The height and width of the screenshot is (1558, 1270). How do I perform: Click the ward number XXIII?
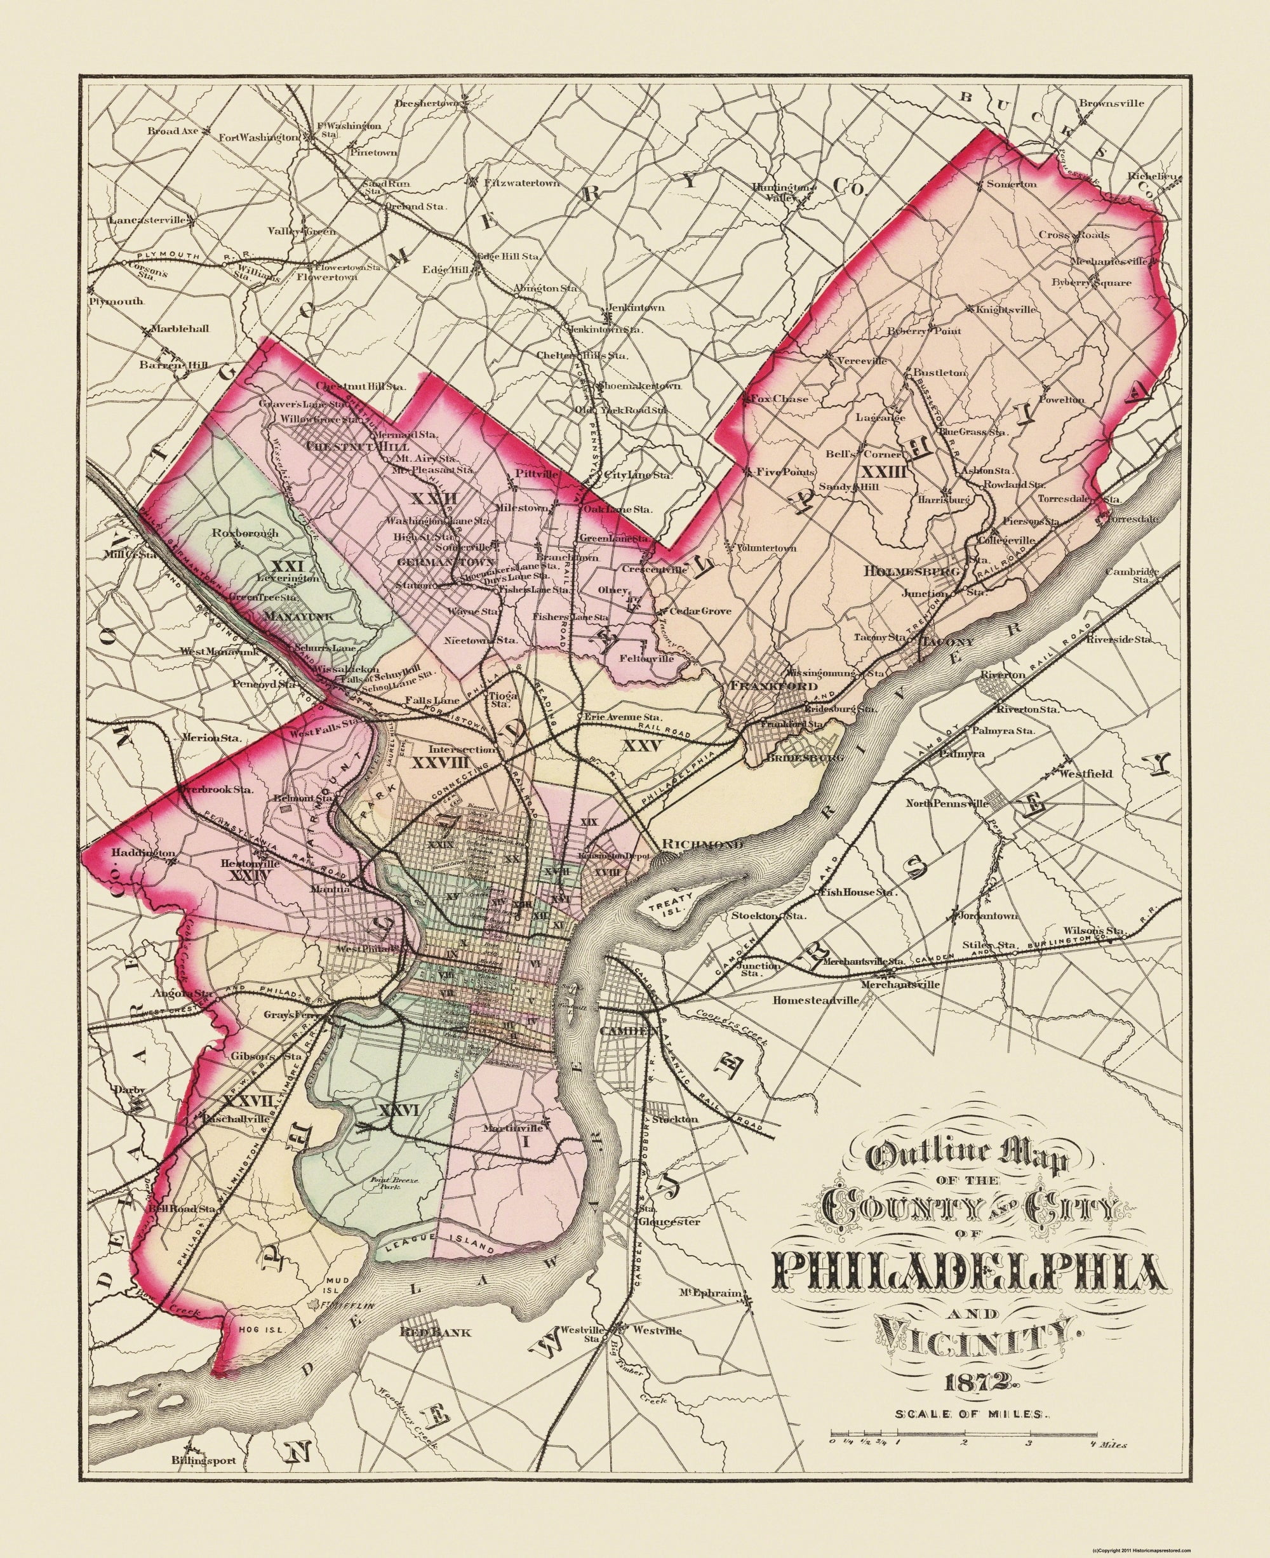tap(884, 471)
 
